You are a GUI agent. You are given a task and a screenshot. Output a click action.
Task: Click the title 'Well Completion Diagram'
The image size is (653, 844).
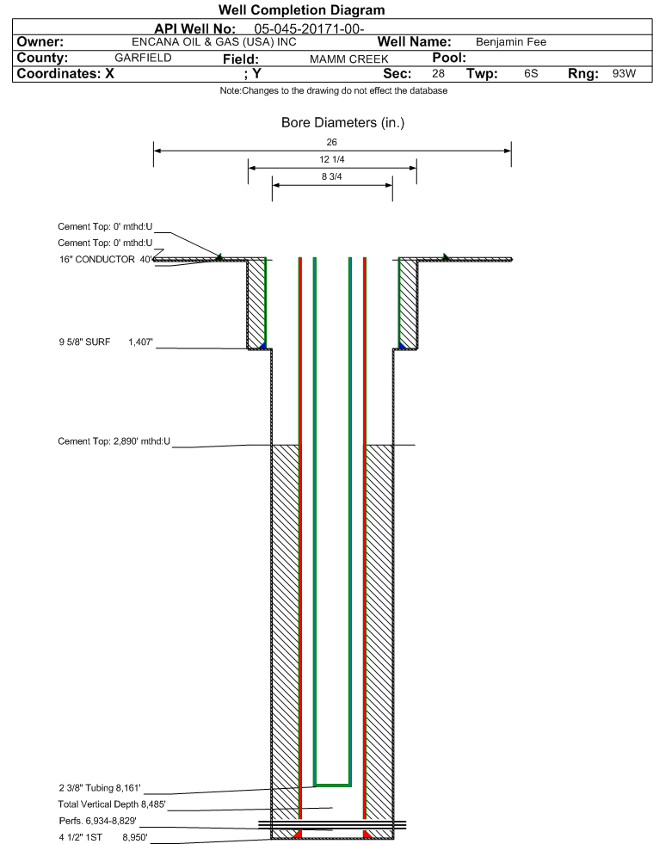pyautogui.click(x=301, y=9)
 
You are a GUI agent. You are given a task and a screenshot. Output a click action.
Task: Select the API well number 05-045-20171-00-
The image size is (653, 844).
pyautogui.click(x=309, y=28)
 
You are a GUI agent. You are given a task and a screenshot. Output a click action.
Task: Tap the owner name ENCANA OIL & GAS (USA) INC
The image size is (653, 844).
pyautogui.click(x=213, y=42)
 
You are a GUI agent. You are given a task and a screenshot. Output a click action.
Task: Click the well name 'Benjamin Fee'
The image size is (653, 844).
pyautogui.click(x=511, y=42)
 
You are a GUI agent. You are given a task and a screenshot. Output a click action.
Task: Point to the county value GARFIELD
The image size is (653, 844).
pyautogui.click(x=143, y=58)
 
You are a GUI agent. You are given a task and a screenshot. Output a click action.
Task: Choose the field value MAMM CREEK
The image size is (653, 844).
pyautogui.click(x=348, y=59)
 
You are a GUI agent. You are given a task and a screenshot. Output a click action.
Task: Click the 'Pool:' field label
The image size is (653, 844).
pyautogui.click(x=449, y=58)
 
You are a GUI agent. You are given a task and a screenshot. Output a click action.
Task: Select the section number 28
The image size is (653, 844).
pyautogui.click(x=438, y=73)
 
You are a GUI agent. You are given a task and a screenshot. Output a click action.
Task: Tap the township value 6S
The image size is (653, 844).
pyautogui.click(x=531, y=73)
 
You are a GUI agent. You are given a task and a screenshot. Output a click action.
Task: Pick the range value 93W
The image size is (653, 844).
pyautogui.click(x=624, y=73)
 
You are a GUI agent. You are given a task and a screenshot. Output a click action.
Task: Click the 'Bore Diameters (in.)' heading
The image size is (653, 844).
pyautogui.click(x=342, y=123)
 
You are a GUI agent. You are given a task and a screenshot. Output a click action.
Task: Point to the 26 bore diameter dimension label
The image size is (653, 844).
pyautogui.click(x=331, y=142)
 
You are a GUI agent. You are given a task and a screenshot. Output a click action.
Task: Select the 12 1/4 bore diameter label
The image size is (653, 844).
pyautogui.click(x=331, y=159)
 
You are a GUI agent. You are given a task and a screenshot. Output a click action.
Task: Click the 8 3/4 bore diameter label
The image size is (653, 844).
pyautogui.click(x=331, y=176)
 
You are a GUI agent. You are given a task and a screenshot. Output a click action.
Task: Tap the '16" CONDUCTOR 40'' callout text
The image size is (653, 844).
pyautogui.click(x=106, y=260)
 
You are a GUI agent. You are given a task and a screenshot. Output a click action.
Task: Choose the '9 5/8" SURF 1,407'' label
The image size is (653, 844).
pyautogui.click(x=106, y=342)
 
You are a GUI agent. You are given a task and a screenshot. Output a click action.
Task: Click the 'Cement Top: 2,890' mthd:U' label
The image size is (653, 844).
pyautogui.click(x=114, y=441)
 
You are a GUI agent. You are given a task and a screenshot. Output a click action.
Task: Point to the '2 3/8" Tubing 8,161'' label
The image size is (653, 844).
pyautogui.click(x=100, y=788)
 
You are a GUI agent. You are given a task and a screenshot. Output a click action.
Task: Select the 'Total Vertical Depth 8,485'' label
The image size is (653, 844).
pyautogui.click(x=112, y=804)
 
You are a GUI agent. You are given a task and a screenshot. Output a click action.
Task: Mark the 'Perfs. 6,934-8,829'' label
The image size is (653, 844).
pyautogui.click(x=98, y=821)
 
